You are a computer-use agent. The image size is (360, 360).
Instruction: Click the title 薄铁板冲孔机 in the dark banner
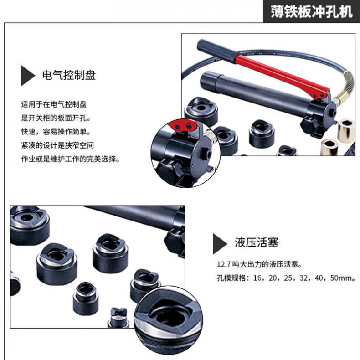pyautogui.click(x=311, y=11)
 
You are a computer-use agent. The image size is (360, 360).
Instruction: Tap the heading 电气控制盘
pyautogui.click(x=69, y=75)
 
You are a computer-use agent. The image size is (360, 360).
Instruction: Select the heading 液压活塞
pyautogui.click(x=257, y=242)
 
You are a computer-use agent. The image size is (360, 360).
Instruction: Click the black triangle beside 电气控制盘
pyautogui.click(x=28, y=76)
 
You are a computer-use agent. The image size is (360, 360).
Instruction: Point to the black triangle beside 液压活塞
pyautogui.click(x=220, y=244)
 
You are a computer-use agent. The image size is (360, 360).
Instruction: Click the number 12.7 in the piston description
pyautogui.click(x=223, y=264)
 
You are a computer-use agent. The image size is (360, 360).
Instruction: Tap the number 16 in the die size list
pyautogui.click(x=257, y=278)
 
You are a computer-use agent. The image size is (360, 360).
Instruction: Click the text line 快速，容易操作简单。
pyautogui.click(x=56, y=132)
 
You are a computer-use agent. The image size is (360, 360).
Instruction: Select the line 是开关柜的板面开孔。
pyautogui.click(x=56, y=118)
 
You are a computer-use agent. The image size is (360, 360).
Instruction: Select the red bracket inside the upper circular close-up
pyautogui.click(x=182, y=126)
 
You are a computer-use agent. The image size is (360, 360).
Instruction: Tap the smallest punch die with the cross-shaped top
pyautogui.click(x=118, y=317)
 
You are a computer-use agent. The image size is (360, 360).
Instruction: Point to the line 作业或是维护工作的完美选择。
pyautogui.click(x=71, y=159)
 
